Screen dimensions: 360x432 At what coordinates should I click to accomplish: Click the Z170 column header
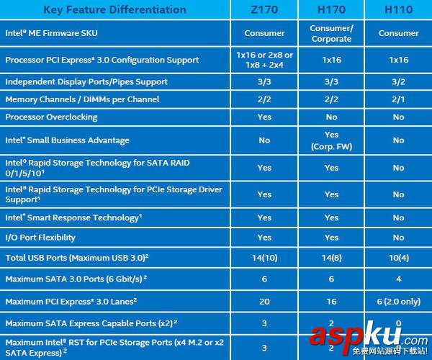pos(264,10)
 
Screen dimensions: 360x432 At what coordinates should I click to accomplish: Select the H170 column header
pos(331,10)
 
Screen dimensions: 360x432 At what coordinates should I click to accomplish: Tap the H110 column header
pos(398,10)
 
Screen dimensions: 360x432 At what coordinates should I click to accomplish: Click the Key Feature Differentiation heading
pos(114,10)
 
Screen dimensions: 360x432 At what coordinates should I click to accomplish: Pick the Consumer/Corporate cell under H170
pos(331,34)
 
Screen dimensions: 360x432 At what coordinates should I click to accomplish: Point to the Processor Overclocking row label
pos(51,117)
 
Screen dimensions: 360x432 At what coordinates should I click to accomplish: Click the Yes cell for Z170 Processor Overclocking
pos(264,117)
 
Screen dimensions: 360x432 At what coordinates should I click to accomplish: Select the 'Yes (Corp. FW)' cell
pos(331,140)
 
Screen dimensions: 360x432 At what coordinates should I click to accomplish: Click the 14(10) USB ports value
pos(264,257)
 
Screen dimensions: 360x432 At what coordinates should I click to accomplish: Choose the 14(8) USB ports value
pos(331,257)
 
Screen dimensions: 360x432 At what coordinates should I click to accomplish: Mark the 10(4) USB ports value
pos(398,257)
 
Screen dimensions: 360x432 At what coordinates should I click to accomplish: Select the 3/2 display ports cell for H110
pos(398,82)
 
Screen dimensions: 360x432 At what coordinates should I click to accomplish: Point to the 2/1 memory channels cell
pos(398,99)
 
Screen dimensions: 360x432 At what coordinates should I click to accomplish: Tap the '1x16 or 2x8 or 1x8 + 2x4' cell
pos(264,60)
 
